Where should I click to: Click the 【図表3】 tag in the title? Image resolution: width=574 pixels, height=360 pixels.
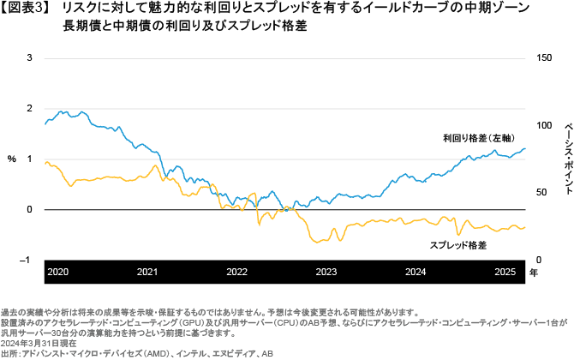(30, 9)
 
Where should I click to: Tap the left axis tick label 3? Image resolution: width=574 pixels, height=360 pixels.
(30, 58)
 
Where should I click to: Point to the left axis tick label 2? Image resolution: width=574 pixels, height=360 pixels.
(30, 109)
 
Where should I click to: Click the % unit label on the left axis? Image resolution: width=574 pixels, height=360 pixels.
(12, 159)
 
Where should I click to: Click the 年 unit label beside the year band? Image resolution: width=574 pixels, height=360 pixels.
(533, 273)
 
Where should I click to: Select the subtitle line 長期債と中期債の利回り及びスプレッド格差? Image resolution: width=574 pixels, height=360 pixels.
(185, 27)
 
